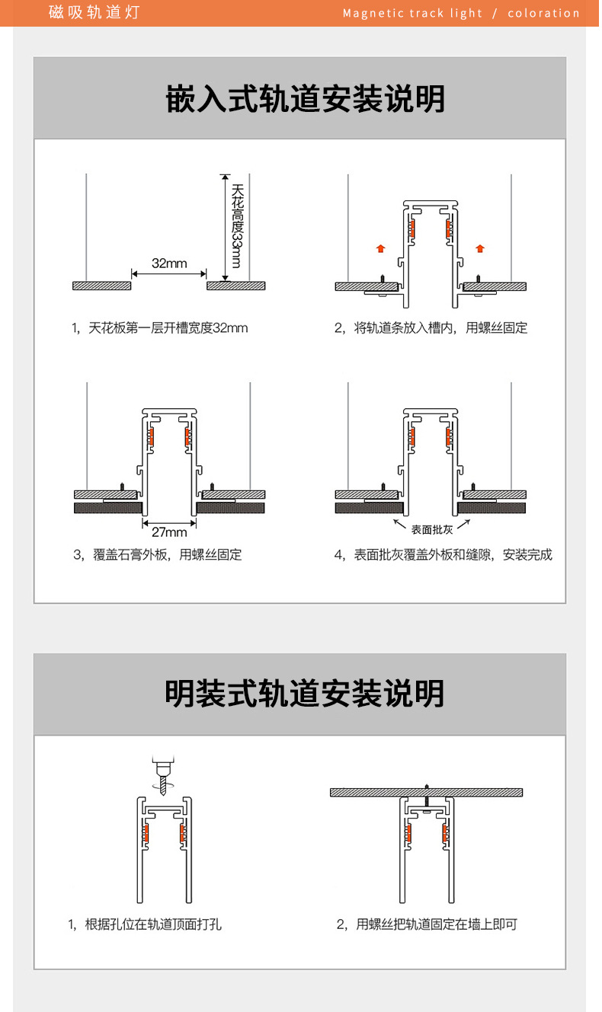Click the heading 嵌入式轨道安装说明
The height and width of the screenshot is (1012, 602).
(x=305, y=100)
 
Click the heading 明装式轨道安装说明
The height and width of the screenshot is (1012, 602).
(x=305, y=694)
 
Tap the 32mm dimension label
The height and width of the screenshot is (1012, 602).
(x=169, y=263)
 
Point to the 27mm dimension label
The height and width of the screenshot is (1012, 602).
(x=169, y=532)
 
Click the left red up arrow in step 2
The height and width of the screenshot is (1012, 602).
(x=381, y=247)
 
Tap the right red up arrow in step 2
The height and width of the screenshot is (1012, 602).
(x=479, y=247)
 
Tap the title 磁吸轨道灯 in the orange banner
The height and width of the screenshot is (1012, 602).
(x=94, y=13)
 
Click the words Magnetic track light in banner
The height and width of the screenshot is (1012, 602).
(x=412, y=13)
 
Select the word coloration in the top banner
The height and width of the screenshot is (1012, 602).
(x=543, y=13)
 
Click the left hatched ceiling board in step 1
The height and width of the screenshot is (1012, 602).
(x=101, y=286)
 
